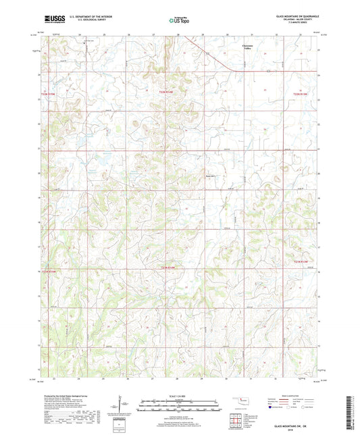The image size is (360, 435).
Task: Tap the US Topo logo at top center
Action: tap(179, 20)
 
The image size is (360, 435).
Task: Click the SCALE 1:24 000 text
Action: tap(179, 394)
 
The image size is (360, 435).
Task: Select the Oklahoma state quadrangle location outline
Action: tap(238, 402)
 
